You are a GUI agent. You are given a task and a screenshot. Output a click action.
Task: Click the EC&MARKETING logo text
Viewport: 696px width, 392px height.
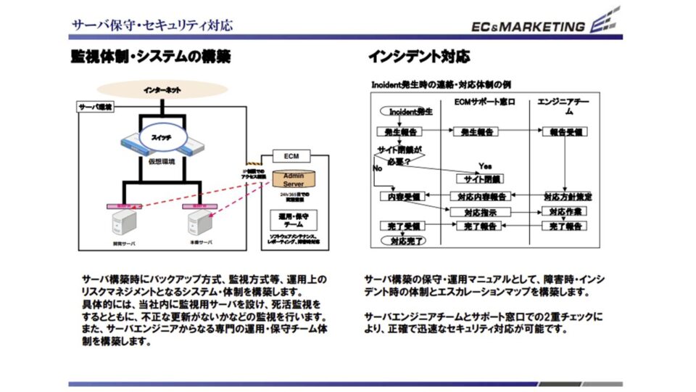pyautogui.click(x=528, y=27)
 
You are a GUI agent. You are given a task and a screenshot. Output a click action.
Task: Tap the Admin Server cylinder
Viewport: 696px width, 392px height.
pyautogui.click(x=293, y=179)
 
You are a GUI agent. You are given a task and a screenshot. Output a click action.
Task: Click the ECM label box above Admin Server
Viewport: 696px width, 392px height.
pyautogui.click(x=291, y=156)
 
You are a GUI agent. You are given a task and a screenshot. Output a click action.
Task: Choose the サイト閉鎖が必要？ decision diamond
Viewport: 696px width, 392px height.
pyautogui.click(x=399, y=155)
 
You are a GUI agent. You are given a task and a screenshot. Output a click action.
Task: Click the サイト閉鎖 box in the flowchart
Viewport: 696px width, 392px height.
pyautogui.click(x=479, y=178)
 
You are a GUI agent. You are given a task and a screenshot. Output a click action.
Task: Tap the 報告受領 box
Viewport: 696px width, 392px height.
pyautogui.click(x=564, y=132)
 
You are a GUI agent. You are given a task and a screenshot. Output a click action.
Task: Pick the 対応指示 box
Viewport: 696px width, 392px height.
pyautogui.click(x=478, y=212)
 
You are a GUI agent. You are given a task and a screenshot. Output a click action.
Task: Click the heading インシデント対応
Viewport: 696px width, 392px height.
pyautogui.click(x=418, y=56)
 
